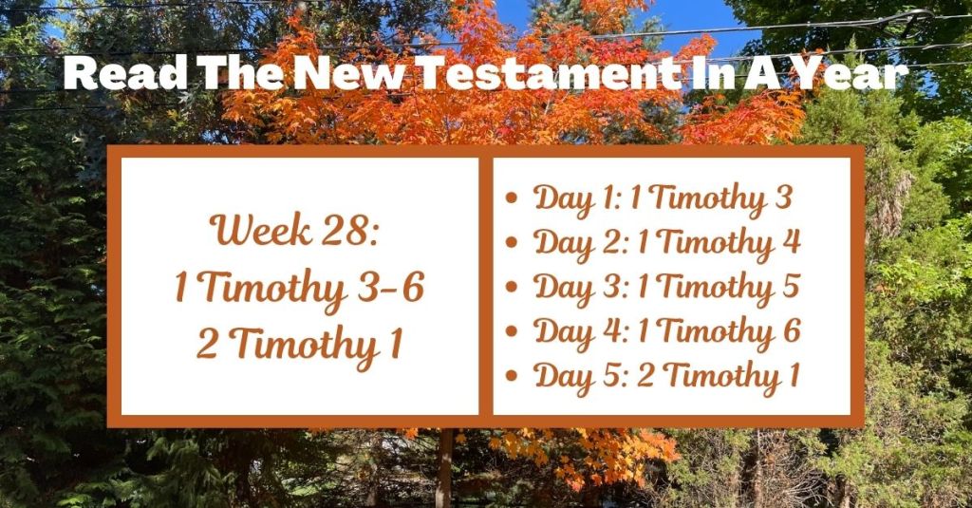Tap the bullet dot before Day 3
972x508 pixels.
pyautogui.click(x=513, y=288)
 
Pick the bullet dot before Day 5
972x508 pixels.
pyautogui.click(x=513, y=376)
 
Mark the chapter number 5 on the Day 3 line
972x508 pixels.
pyautogui.click(x=789, y=287)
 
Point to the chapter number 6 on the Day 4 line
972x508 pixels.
pyautogui.click(x=791, y=331)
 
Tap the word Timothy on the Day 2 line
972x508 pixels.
pyautogui.click(x=714, y=243)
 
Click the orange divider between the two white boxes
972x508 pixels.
pyautogui.click(x=486, y=285)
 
